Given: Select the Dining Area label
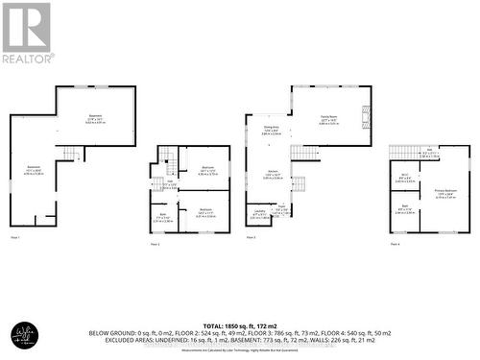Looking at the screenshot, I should [273, 129].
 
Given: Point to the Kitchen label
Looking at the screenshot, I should [273, 174].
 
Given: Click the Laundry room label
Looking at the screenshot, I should [259, 210].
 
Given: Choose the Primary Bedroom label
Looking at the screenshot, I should [444, 192].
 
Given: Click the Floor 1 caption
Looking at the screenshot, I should [14, 236].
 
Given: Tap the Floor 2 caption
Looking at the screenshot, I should [155, 244].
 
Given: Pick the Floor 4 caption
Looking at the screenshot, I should [395, 244].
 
